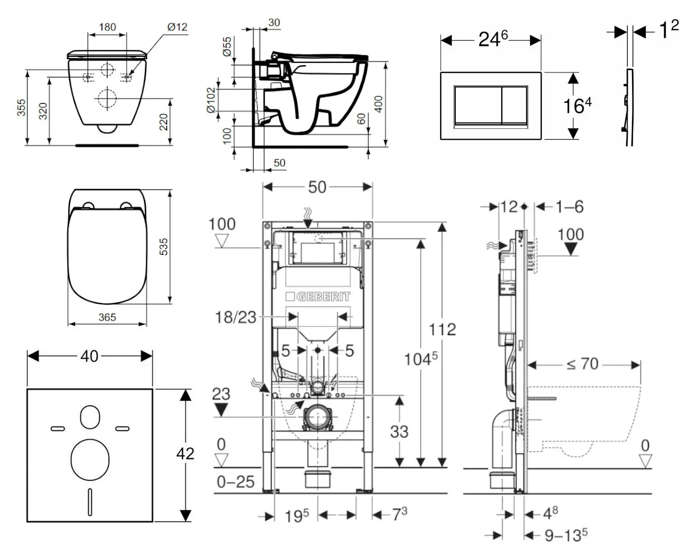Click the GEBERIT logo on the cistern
(x=318, y=296)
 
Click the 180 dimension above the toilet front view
(x=107, y=27)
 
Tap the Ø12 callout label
(x=177, y=27)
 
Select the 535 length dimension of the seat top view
(x=163, y=247)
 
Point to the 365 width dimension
(x=107, y=317)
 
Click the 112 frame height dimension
(x=442, y=329)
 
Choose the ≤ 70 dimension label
(x=583, y=364)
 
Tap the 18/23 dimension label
(x=235, y=317)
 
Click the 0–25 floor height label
(x=236, y=482)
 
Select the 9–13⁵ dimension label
(x=566, y=535)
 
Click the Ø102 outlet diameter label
(x=211, y=100)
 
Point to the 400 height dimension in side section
(x=378, y=104)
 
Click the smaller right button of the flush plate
(x=514, y=105)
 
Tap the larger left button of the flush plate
(x=477, y=105)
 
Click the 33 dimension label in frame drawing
(x=399, y=432)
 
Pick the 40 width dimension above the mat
(x=89, y=356)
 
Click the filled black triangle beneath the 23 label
(x=221, y=409)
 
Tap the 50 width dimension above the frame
(x=317, y=187)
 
